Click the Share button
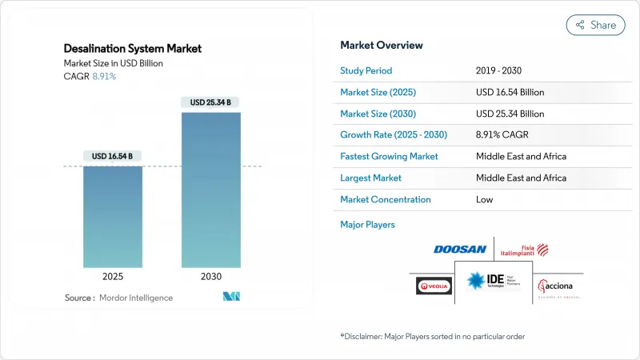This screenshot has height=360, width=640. pyautogui.click(x=595, y=25)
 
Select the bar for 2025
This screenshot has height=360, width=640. pyautogui.click(x=113, y=216)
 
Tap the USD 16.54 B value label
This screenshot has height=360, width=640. pyautogui.click(x=113, y=155)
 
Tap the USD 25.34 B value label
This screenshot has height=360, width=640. pyautogui.click(x=211, y=102)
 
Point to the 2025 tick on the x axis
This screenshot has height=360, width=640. pyautogui.click(x=113, y=276)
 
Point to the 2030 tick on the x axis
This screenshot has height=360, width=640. pyautogui.click(x=211, y=276)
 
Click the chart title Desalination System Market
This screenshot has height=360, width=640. pyautogui.click(x=133, y=49)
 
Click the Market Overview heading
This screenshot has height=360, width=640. pyautogui.click(x=382, y=46)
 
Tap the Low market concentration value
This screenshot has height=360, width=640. pyautogui.click(x=484, y=199)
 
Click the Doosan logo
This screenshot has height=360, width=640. pyautogui.click(x=460, y=250)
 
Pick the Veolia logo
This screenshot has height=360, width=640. pyautogui.click(x=434, y=286)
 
